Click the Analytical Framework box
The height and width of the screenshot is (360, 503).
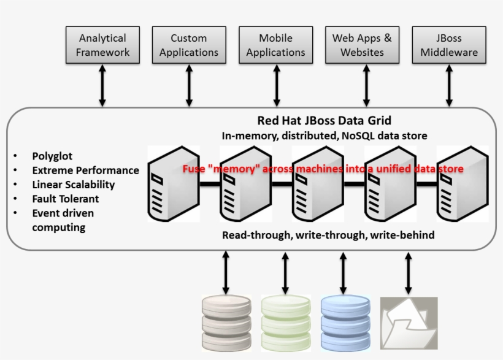pos(102,45)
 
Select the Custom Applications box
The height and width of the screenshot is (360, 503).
pos(188,45)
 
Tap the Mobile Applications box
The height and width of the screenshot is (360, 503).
pos(275,45)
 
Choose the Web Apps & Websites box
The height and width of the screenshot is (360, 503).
pos(362,45)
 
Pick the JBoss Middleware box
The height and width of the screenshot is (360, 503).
pos(449,45)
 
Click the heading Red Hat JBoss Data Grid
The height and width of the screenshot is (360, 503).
pos(324,121)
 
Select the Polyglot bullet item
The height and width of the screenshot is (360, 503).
pos(52,156)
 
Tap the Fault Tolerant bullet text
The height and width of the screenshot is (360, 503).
pos(65,199)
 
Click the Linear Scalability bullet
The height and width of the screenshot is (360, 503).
pos(73,185)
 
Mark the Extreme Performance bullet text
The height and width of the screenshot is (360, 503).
pos(85,170)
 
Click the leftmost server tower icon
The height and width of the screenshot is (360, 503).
pos(167,183)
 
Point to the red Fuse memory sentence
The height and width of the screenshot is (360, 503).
pos(323,168)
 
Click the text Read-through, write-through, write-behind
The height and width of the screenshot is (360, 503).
pos(328,235)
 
